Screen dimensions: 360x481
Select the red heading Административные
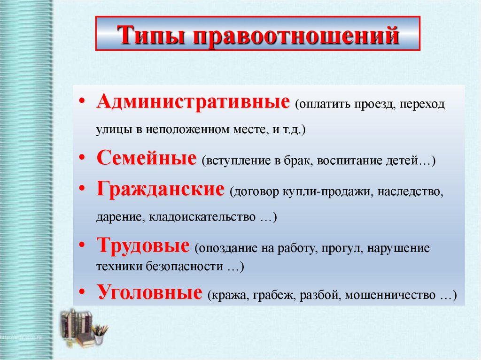pyautogui.click(x=193, y=102)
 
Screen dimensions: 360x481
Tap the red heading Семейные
pyautogui.click(x=147, y=159)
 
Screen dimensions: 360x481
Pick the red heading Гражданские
pyautogui.click(x=160, y=190)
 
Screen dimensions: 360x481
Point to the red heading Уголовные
pyautogui.click(x=149, y=293)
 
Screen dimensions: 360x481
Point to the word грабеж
pyautogui.click(x=272, y=296)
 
